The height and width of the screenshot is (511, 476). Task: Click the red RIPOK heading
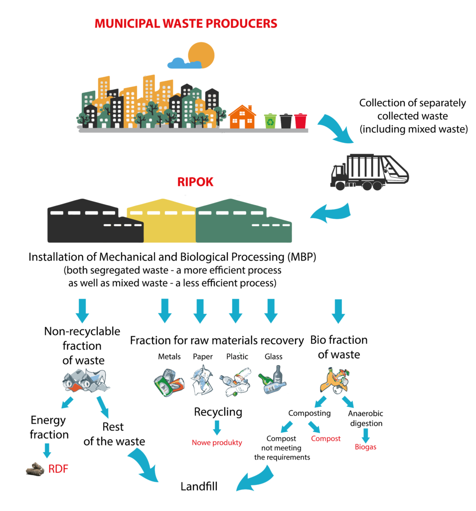(195, 182)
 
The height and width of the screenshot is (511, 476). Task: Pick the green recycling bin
(270, 120)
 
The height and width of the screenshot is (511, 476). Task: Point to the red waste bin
(301, 120)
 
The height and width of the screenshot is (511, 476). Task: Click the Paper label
(202, 356)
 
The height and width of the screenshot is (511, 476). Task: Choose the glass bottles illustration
(273, 381)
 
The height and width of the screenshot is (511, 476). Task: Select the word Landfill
(199, 486)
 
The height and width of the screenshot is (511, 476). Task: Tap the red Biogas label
(365, 447)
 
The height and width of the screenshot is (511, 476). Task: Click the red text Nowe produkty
(217, 442)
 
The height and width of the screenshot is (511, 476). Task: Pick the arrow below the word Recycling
(217, 427)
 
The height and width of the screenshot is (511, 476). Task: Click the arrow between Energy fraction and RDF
(47, 450)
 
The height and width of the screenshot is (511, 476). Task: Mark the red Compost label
(325, 438)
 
